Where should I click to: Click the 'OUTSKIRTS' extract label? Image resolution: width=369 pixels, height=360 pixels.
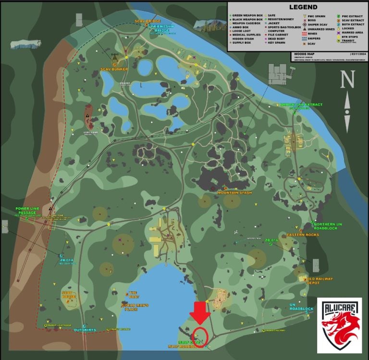(x=85, y=330)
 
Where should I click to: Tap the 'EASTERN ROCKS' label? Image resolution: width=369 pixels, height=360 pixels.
(x=303, y=235)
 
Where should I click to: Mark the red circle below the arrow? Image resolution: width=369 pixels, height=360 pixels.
(x=199, y=334)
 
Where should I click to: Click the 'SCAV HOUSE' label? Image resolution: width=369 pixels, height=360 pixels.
(x=70, y=294)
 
